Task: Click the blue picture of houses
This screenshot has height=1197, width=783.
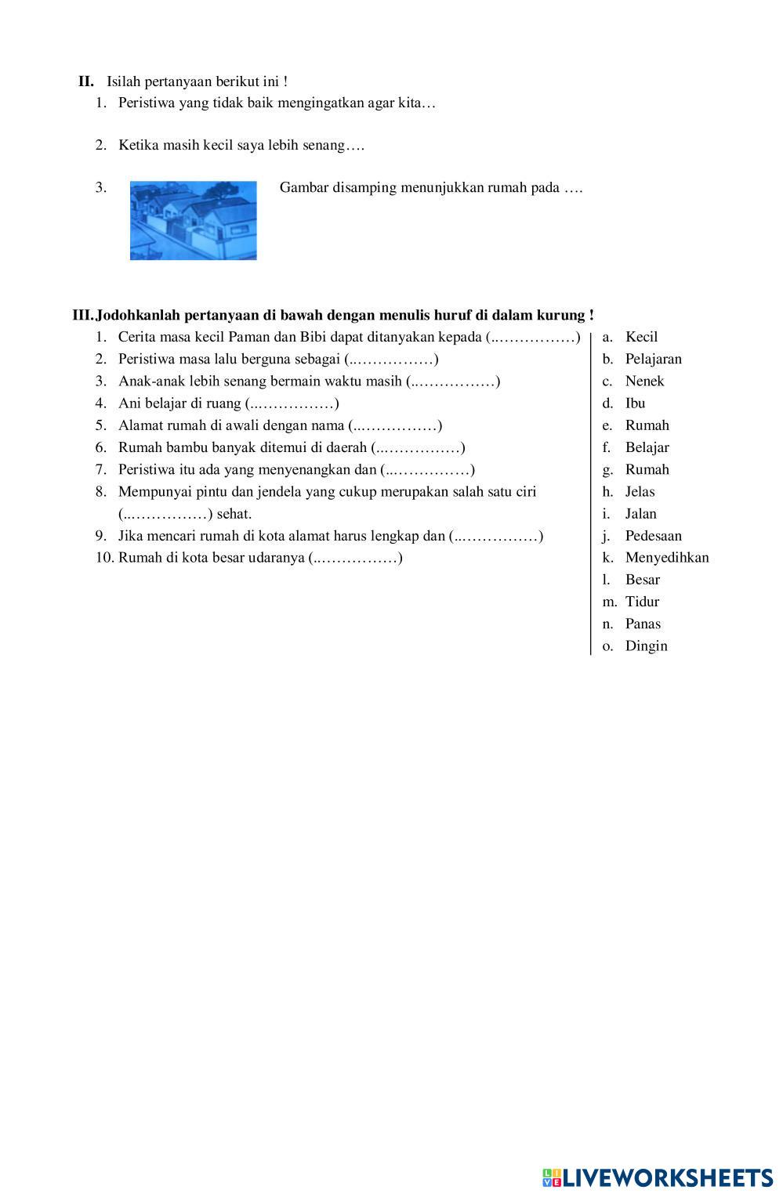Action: click(x=193, y=220)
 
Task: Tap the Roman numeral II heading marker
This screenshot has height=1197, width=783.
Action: click(x=86, y=81)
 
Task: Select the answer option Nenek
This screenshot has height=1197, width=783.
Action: click(x=644, y=381)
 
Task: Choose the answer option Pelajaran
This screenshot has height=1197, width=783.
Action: click(x=653, y=359)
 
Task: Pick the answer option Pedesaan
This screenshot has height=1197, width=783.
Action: click(x=653, y=536)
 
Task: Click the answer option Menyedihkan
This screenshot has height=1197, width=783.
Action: click(x=666, y=558)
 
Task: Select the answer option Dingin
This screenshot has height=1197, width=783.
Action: click(x=646, y=646)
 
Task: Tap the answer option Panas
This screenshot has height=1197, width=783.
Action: click(x=643, y=624)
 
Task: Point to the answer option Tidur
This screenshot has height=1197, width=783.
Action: click(x=642, y=602)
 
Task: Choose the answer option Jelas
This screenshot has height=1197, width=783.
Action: click(x=640, y=492)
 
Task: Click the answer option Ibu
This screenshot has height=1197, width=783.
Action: click(x=635, y=403)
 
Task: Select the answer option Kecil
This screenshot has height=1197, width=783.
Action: click(x=641, y=337)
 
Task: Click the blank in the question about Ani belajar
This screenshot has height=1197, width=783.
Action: click(x=292, y=404)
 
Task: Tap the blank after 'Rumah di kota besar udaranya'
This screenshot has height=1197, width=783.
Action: click(x=356, y=559)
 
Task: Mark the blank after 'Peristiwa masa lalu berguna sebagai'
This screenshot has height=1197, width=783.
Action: click(x=391, y=360)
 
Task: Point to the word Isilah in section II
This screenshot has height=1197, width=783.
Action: click(x=124, y=81)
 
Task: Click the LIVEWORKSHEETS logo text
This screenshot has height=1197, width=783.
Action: click(x=666, y=1177)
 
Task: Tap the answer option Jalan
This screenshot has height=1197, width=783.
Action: click(x=640, y=514)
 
